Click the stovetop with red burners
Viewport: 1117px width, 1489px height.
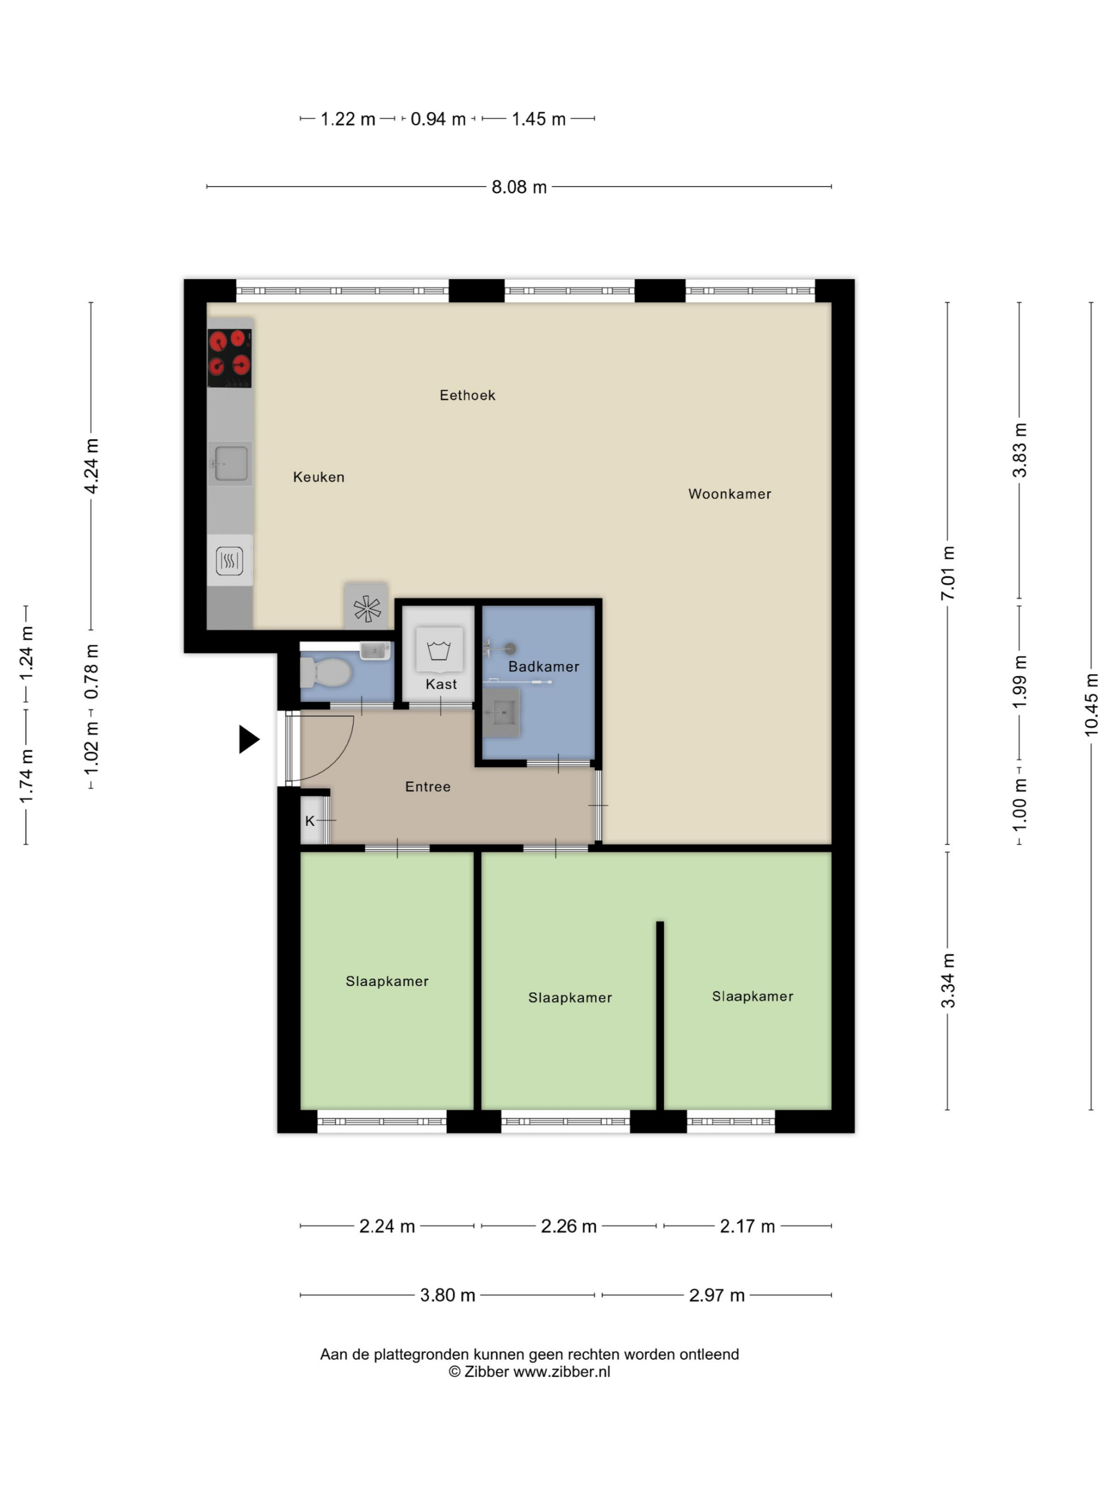tap(229, 358)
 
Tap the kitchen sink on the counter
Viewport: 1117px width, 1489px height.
tap(230, 464)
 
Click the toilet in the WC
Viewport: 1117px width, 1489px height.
tap(326, 672)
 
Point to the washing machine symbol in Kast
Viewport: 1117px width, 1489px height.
tap(439, 650)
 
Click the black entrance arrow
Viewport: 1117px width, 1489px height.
tap(249, 739)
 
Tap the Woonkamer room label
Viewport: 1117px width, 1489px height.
tap(729, 494)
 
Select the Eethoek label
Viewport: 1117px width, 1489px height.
tap(467, 395)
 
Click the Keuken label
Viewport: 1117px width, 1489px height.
tap(318, 478)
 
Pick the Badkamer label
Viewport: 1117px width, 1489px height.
tap(543, 667)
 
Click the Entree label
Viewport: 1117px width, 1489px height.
tap(428, 786)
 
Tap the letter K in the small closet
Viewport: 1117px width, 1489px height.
tap(310, 821)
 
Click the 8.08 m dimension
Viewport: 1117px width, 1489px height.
tap(518, 187)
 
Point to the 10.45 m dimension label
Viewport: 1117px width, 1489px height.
tap(1091, 704)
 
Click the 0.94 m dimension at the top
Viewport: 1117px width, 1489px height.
tap(437, 119)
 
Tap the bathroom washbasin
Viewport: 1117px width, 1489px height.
tap(501, 711)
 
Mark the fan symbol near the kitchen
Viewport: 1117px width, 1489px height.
tap(367, 608)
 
